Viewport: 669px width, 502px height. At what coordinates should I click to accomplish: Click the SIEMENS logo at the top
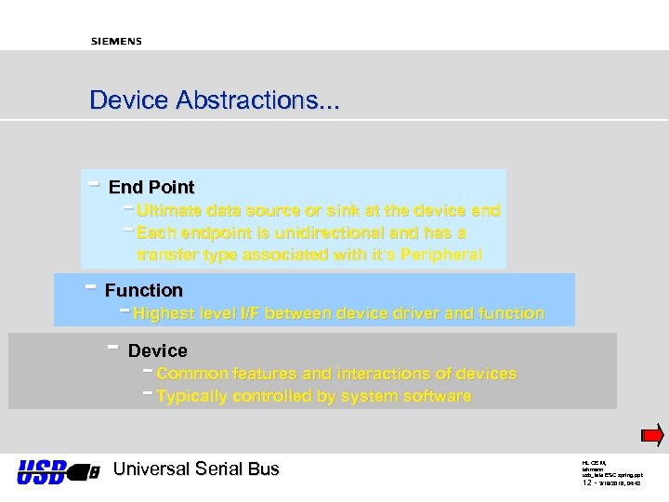tap(116, 41)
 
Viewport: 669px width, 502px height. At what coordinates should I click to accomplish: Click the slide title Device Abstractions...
tap(214, 100)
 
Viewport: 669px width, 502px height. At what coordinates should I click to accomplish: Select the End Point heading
tap(151, 188)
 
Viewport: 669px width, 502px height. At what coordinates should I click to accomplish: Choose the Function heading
tap(143, 290)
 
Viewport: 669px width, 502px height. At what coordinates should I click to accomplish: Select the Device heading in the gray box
tap(157, 350)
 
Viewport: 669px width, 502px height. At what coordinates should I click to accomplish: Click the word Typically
tap(193, 397)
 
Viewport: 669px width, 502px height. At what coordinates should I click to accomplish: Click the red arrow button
tap(652, 435)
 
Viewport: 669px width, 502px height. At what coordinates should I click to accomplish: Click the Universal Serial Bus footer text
tap(195, 469)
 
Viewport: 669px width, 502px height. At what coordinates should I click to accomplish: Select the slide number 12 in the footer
tap(587, 483)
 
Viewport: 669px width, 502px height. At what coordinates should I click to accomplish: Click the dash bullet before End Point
tap(93, 183)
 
